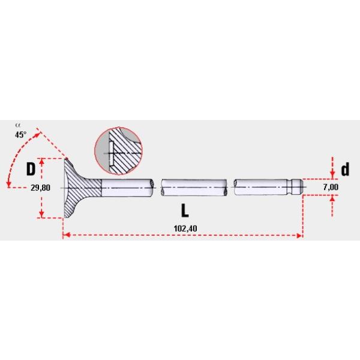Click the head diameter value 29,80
coord(40,188)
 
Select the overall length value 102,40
coord(185,229)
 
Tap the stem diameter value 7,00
coord(331,187)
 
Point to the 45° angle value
coord(20,134)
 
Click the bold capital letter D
coord(31,169)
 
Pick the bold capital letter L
coord(185,211)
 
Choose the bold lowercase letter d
coord(345,169)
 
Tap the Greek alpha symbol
coord(17,125)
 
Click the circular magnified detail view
coord(118,151)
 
